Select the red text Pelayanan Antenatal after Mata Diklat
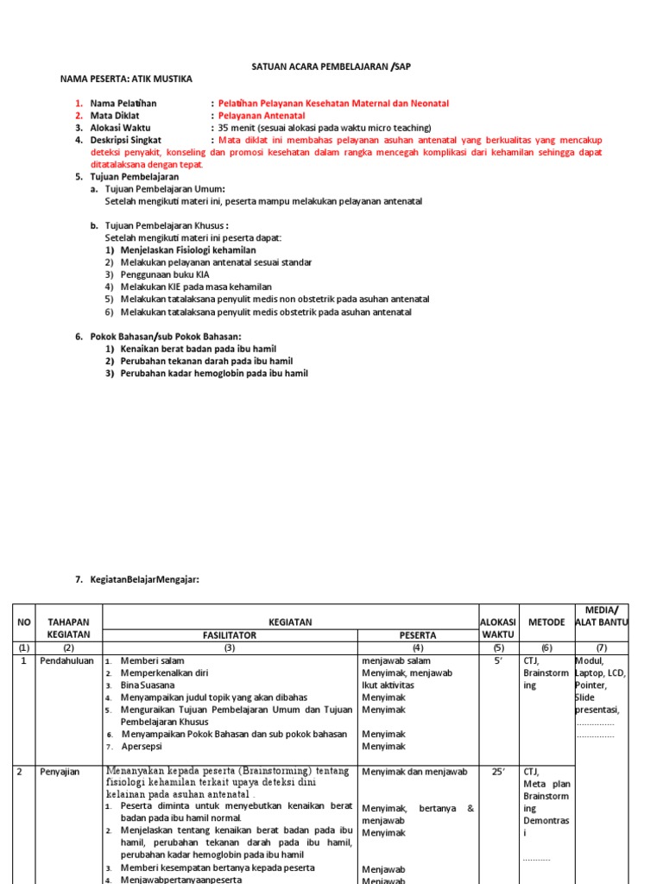[x=261, y=115]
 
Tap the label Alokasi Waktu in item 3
[x=120, y=127]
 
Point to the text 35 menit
[x=239, y=127]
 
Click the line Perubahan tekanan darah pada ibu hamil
[x=206, y=361]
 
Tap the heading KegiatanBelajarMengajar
[x=144, y=579]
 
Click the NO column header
[x=24, y=622]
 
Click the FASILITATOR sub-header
[x=229, y=635]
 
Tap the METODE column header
[x=546, y=622]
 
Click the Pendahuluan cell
[x=66, y=660]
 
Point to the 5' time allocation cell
[x=497, y=660]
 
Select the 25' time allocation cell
[x=497, y=772]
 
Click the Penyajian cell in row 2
[x=60, y=772]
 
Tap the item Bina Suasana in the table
[x=147, y=685]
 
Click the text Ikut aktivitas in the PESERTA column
[x=389, y=685]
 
